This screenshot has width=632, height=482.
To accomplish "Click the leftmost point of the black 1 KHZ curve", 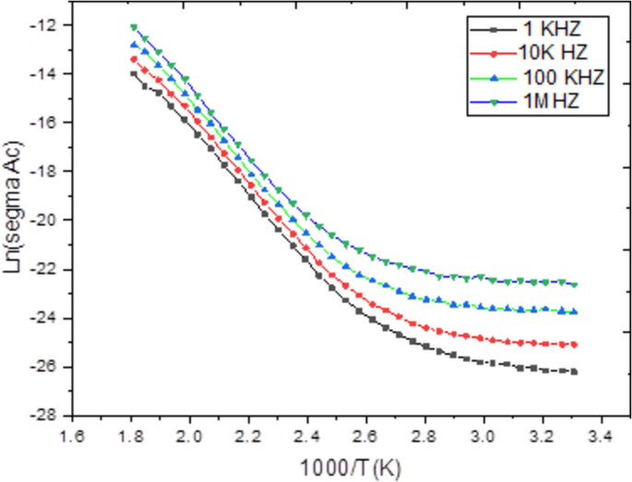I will coord(133,74).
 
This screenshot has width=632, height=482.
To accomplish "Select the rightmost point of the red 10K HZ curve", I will coord(574,344).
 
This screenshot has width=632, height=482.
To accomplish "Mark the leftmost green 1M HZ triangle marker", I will coord(134,28).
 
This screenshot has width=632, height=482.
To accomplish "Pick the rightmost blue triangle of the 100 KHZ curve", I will coord(574,312).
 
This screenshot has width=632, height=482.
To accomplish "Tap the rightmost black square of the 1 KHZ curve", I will coord(574,371).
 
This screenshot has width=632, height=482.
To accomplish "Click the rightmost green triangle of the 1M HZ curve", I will coord(574,284).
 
